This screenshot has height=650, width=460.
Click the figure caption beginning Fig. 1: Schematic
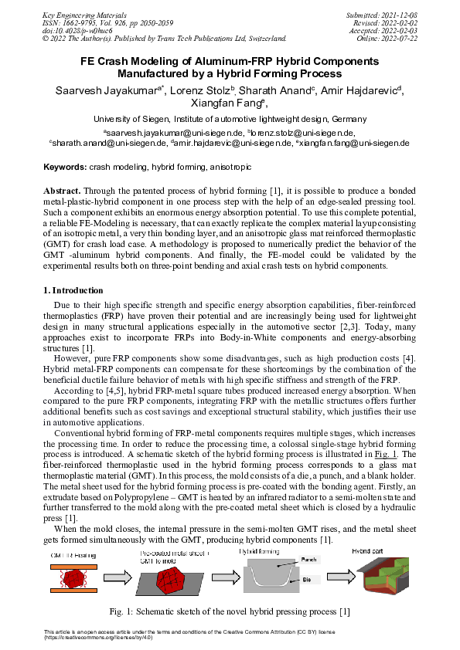click(x=230, y=611)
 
